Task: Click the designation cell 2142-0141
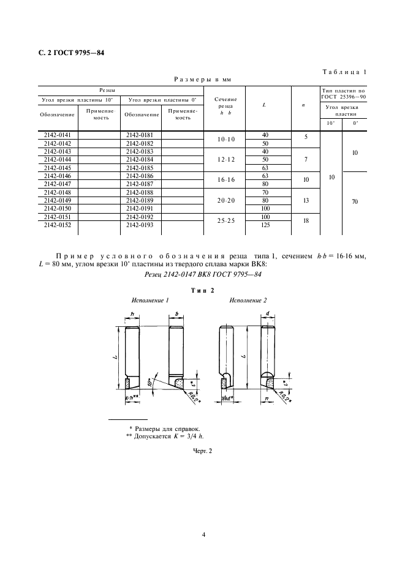tap(57, 134)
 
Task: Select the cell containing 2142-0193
tap(140, 225)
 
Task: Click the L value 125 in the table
tap(265, 225)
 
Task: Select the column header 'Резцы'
tap(120, 89)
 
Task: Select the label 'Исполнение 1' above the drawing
tap(150, 301)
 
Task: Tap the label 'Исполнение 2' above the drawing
tap(248, 301)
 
